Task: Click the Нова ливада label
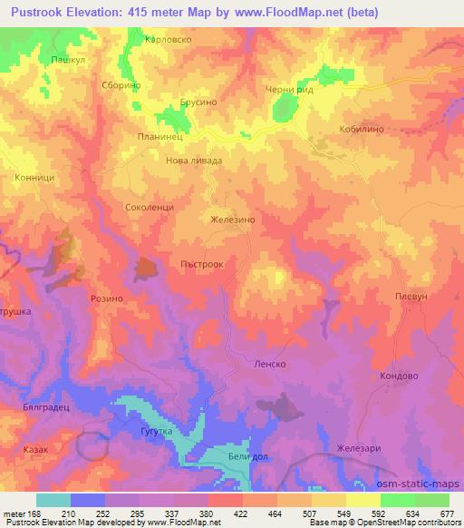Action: point(195,161)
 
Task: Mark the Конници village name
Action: point(35,179)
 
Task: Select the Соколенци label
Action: point(150,206)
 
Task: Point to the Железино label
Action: point(233,220)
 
